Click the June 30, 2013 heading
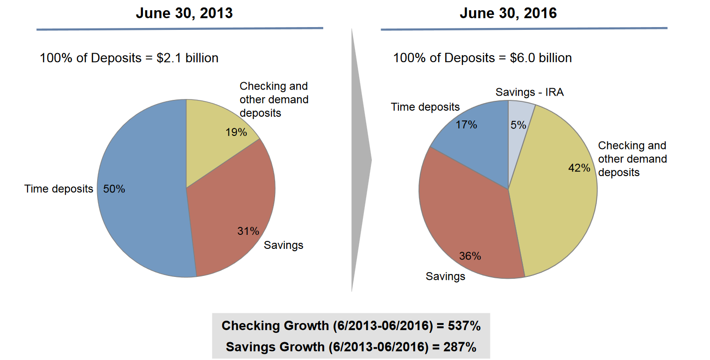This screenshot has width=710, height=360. point(184,13)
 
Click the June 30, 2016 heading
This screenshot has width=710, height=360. point(508,13)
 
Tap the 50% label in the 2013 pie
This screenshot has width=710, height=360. point(114,189)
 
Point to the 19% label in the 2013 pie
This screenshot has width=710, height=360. point(236,132)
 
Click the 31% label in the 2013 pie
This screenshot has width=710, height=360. point(248,231)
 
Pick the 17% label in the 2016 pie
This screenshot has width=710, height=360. point(466,125)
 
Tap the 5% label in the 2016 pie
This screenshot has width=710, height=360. point(518,125)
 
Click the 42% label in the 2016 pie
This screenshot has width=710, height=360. point(579,168)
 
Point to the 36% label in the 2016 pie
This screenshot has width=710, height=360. point(470,256)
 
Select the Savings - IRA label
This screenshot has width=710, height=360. point(530,92)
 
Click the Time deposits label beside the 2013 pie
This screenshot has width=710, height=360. point(59,189)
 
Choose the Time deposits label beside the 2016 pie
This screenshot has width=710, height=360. point(425,107)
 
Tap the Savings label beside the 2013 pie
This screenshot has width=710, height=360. point(284,245)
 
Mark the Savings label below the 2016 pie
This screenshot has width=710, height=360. point(446,276)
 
